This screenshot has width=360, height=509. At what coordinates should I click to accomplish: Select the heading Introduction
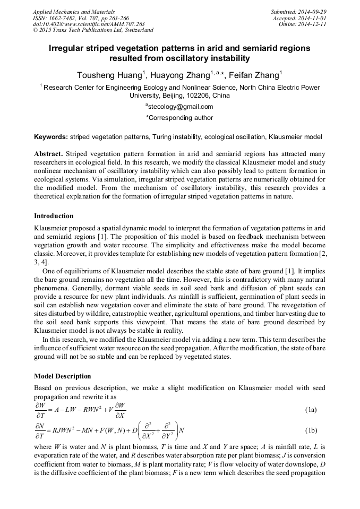click(54, 215)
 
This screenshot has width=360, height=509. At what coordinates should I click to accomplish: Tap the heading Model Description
click(63, 376)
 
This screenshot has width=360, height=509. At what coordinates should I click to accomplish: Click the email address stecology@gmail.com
click(180, 107)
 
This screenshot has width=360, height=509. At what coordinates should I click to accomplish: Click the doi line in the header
click(89, 24)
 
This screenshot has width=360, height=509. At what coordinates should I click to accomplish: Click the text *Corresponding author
click(179, 118)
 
